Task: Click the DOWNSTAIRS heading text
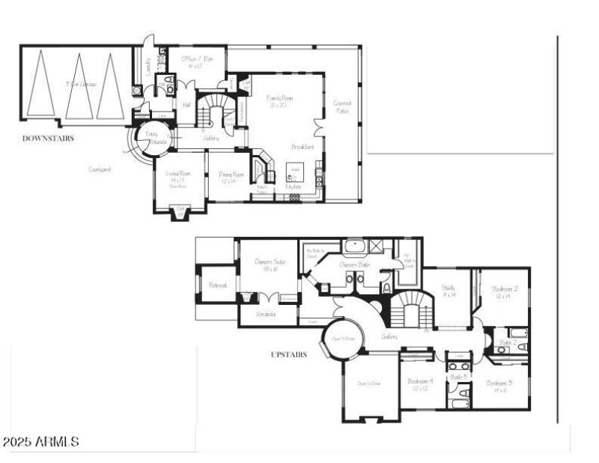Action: click(48, 139)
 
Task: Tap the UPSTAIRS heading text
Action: click(288, 354)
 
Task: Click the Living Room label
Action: click(178, 175)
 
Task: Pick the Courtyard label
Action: click(100, 169)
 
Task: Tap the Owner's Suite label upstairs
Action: click(270, 264)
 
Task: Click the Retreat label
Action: click(218, 285)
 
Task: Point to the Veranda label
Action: click(266, 314)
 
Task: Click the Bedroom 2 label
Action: click(502, 292)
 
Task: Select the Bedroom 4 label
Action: click(420, 384)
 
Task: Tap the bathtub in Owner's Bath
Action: click(353, 246)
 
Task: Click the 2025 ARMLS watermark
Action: click(41, 442)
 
